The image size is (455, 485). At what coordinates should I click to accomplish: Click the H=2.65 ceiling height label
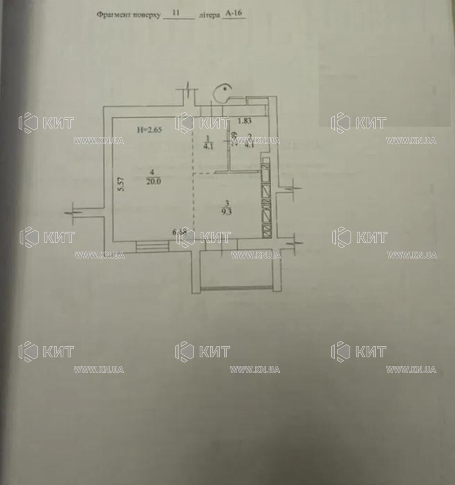(x=150, y=129)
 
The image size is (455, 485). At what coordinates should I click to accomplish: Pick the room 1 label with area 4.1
(x=207, y=141)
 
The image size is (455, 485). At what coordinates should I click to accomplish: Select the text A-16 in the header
(x=233, y=14)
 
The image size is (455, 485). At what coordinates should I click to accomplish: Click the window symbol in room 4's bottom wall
(x=152, y=246)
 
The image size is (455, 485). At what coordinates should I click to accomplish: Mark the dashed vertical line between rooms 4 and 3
(x=194, y=205)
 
